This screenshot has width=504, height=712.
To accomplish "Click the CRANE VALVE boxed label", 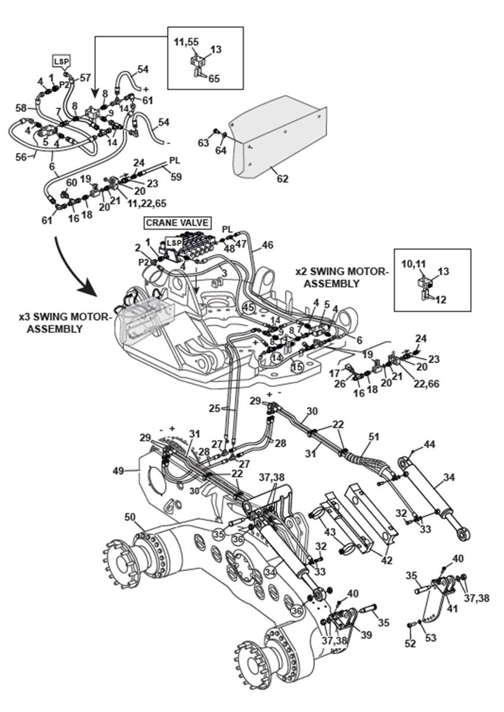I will point(177,223).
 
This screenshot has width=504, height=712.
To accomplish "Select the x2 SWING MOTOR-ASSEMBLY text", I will point(342,277).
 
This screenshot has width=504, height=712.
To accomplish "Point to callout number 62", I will point(282,178).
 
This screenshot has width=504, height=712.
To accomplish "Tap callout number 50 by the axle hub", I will point(130,518).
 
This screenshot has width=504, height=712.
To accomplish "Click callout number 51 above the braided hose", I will point(373,437).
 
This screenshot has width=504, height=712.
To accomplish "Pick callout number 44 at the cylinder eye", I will point(429,445).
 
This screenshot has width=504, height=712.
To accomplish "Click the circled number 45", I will point(248,307).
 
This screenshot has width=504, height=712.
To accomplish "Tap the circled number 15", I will point(297,366).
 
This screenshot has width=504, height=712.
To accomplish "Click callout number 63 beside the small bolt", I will point(203,143).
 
